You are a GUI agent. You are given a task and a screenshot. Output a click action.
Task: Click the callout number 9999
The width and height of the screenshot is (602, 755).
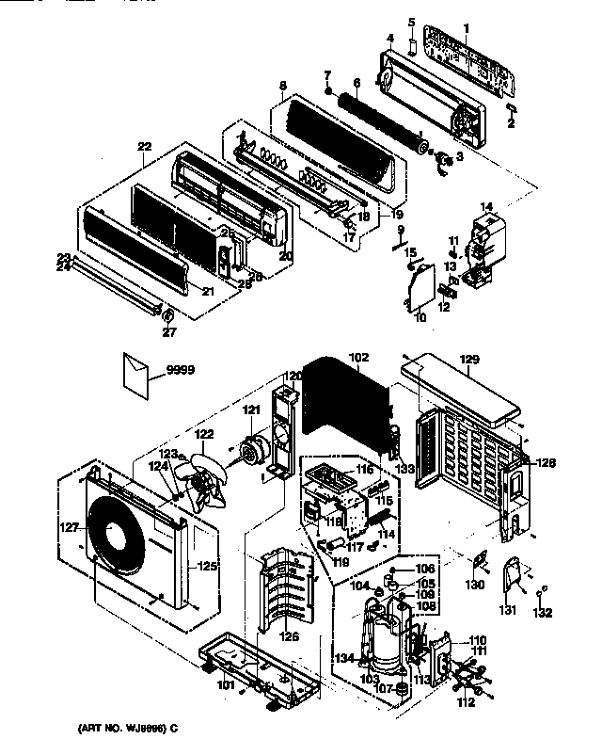pyautogui.click(x=180, y=370)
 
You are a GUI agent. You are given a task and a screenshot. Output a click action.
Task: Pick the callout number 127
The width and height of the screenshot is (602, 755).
pyautogui.click(x=70, y=528)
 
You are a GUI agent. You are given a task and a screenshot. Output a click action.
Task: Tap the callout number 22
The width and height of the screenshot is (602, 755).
pyautogui.click(x=144, y=146)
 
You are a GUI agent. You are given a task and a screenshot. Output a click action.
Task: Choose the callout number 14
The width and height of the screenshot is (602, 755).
pyautogui.click(x=486, y=205)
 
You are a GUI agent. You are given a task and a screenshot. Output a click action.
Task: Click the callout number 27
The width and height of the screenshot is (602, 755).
pyautogui.click(x=169, y=330)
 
